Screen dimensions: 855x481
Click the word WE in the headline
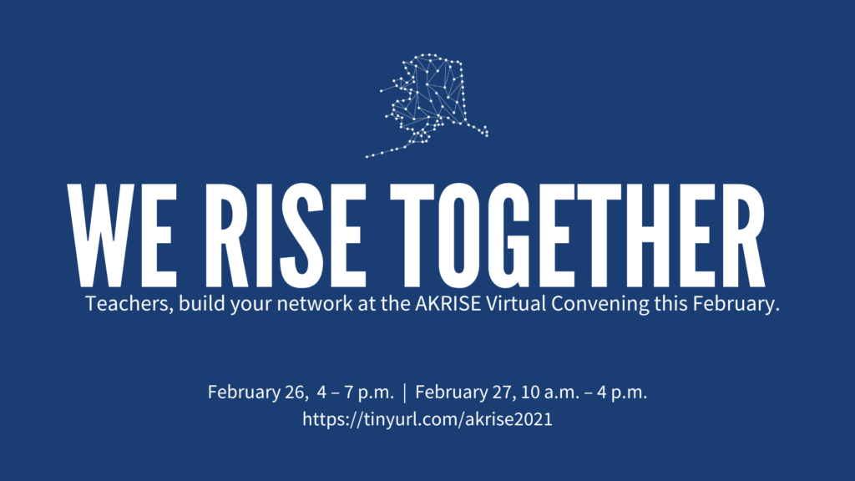(122, 235)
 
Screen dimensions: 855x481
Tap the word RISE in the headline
(286, 235)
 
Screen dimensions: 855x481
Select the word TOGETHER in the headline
(578, 235)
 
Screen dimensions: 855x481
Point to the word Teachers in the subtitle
(129, 304)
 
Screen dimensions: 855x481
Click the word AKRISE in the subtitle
(448, 304)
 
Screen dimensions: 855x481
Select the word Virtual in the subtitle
(516, 304)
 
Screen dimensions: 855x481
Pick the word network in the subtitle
(315, 304)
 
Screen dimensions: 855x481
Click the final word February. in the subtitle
(736, 304)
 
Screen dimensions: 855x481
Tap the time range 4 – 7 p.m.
(355, 392)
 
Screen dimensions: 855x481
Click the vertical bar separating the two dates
(405, 392)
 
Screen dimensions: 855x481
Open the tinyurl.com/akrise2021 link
(427, 419)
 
